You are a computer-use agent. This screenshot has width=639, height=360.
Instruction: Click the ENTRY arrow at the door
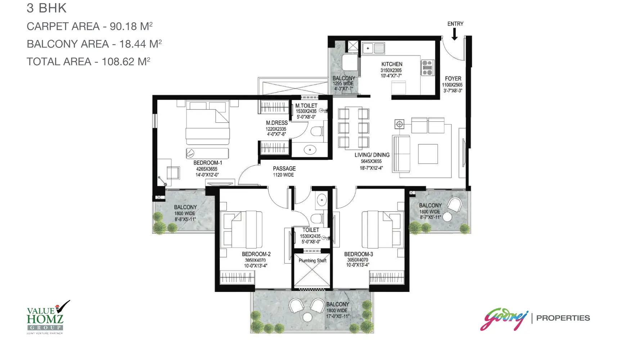[455, 34]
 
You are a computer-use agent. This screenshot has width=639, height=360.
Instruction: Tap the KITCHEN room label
[392, 64]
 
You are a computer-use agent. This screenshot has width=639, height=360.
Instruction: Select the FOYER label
[453, 78]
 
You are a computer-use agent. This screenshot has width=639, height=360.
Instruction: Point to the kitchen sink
[374, 48]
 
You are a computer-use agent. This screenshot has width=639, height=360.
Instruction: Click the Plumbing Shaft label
[312, 261]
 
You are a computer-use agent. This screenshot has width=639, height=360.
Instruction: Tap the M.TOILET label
[306, 105]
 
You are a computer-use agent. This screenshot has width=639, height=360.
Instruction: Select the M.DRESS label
[277, 123]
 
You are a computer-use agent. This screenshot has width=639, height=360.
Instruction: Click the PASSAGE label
[284, 168]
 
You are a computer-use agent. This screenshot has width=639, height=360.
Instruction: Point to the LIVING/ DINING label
[372, 155]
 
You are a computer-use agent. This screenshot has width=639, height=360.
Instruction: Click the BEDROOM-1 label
[208, 163]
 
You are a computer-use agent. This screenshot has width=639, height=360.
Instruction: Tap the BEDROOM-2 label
[256, 254]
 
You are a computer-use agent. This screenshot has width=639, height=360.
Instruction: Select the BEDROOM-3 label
[358, 254]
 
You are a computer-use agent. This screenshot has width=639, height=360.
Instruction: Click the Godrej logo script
[504, 319]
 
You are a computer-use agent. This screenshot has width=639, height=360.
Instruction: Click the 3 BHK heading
[46, 8]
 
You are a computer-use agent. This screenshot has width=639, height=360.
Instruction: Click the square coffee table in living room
[428, 154]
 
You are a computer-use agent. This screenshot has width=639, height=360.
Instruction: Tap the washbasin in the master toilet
[310, 149]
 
